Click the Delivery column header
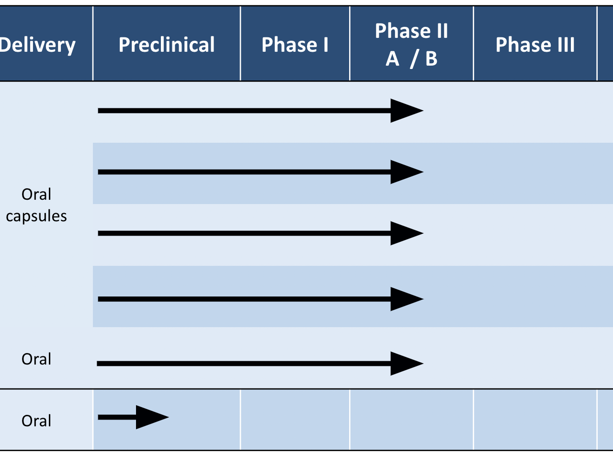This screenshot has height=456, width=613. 37,45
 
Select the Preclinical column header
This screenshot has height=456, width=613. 167,45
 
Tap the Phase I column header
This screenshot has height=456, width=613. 295,45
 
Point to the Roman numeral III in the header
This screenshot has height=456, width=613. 566,45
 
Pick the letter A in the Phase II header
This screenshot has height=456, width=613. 392,59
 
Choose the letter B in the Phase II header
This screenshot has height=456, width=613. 431,59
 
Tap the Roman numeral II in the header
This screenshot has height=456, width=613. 443,31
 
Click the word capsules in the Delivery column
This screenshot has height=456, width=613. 36,216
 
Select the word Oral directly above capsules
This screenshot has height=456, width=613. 36,194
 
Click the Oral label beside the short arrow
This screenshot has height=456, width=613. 36,421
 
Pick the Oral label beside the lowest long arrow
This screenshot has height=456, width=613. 36,359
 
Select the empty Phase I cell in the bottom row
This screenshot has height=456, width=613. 295,420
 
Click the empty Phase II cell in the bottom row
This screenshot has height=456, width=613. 411,420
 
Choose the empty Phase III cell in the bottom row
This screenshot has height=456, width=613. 535,420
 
